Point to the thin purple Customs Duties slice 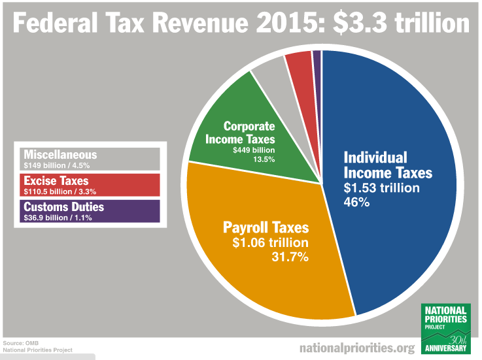[317, 59]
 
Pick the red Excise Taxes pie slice [299, 63]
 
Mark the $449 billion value [254, 150]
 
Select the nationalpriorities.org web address [356, 348]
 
